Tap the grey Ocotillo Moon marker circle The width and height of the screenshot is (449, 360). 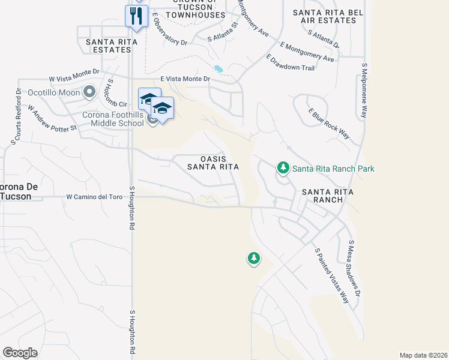point(90,92)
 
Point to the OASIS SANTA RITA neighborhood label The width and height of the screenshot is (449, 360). point(212,163)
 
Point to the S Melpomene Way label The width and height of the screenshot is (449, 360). point(364,90)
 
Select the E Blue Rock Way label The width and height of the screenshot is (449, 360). point(328,124)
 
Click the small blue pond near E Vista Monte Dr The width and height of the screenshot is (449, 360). point(218,69)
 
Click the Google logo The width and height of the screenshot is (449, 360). point(20,353)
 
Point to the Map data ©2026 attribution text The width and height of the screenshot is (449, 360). point(424,355)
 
